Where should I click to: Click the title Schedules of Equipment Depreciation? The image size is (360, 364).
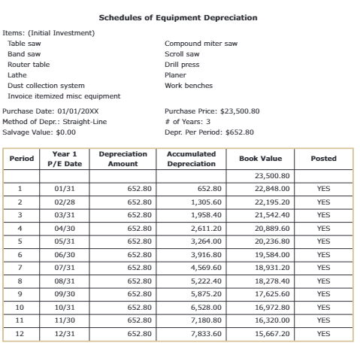click(x=178, y=17)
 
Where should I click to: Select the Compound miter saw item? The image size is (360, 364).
click(x=201, y=44)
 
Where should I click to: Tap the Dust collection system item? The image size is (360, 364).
click(x=46, y=86)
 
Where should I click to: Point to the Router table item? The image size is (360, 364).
click(x=29, y=65)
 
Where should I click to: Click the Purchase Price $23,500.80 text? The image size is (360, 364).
click(x=212, y=111)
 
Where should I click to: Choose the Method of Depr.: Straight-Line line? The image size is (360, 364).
click(x=55, y=121)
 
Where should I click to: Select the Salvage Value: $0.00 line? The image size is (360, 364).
click(x=40, y=132)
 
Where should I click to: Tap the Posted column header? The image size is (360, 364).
click(x=323, y=159)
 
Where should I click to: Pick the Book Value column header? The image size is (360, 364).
click(x=260, y=159)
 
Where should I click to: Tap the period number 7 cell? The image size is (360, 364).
click(x=20, y=267)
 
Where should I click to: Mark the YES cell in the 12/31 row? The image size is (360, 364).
click(x=323, y=333)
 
